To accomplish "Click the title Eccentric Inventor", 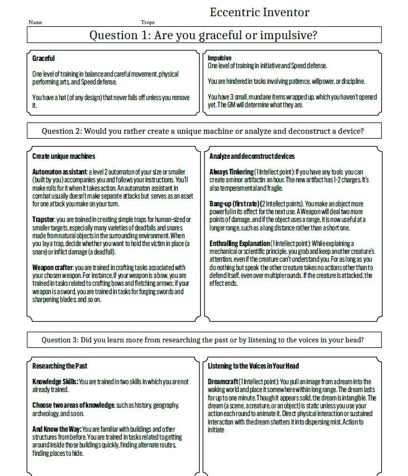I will coord(259,12).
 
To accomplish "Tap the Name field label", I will coord(35,22).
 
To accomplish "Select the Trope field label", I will coord(148,22).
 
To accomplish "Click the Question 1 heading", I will coord(204,35).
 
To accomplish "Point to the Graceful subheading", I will coord(44,58).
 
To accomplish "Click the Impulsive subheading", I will coord(220,58).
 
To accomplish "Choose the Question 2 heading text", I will coord(204,131).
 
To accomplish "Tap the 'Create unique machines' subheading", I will coord(64,156).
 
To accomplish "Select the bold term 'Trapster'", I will coord(44,219).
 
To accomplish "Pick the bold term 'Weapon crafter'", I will coord(53,267).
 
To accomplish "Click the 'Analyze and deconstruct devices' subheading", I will coord(252,156).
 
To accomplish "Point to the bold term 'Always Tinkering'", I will coord(231,171).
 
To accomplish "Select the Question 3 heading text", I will coord(204,340).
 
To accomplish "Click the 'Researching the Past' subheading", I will coord(60,366).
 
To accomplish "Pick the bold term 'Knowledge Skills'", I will coord(55,381).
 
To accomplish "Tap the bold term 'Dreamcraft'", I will coord(224,381).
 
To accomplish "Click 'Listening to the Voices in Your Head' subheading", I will coord(253,366).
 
